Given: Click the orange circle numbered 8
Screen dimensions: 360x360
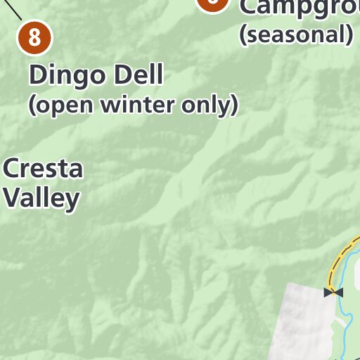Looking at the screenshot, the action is (34, 37).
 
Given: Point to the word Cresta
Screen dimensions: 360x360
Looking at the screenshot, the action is (43, 169).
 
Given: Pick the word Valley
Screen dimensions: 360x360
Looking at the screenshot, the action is (41, 198).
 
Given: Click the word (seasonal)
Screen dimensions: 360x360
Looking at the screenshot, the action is (295, 34).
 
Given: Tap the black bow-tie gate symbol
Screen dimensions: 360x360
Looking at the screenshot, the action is (334, 292).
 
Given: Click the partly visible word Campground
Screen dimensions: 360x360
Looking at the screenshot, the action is (299, 7).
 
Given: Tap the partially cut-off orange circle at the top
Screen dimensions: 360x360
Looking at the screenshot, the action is (213, 4).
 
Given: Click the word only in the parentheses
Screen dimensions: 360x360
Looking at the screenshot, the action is (212, 105).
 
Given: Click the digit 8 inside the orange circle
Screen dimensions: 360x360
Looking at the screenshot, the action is (34, 37).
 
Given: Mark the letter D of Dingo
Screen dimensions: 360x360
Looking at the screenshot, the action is (37, 75).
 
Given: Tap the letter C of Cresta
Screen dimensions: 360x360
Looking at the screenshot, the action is (11, 169).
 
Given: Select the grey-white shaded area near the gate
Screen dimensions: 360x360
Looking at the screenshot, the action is (304, 323).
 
